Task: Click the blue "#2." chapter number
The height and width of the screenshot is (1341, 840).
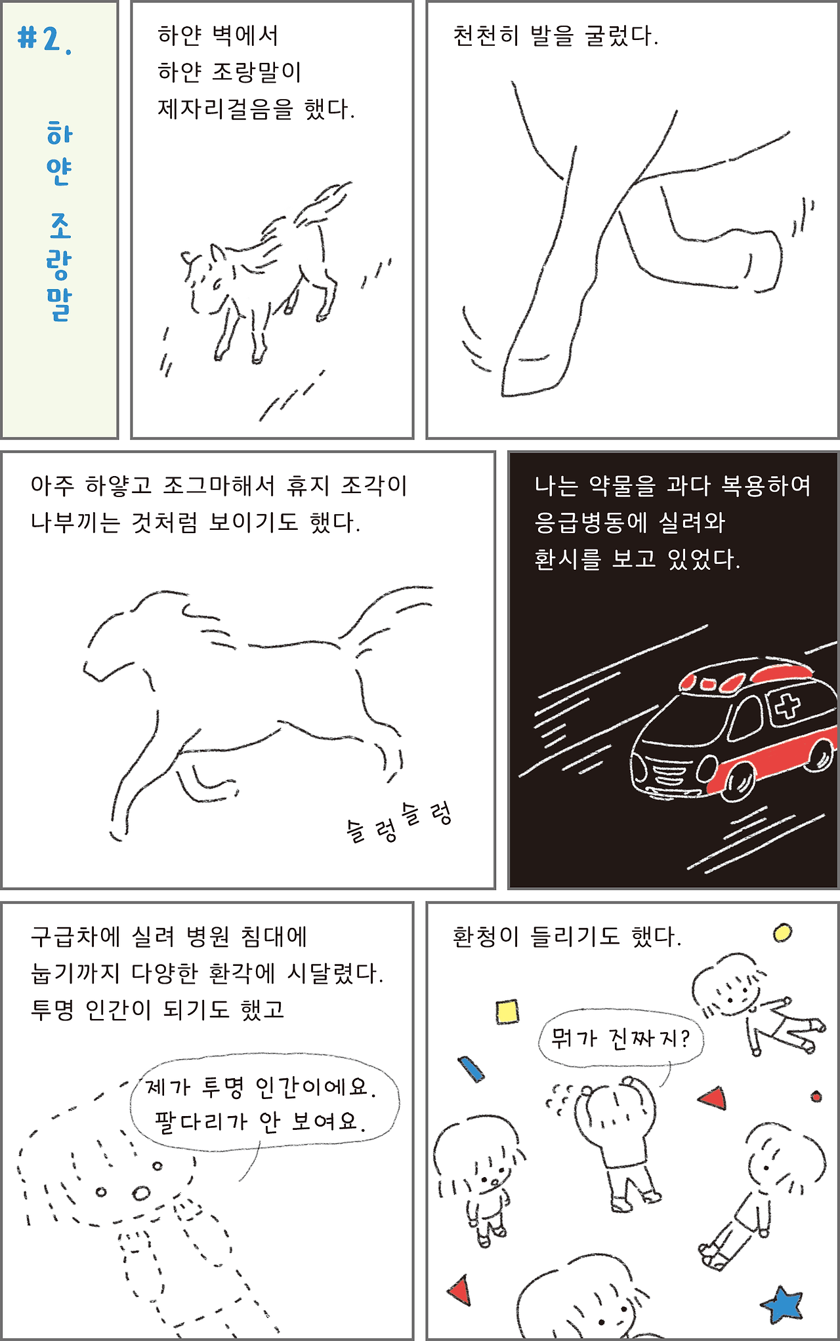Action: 45,40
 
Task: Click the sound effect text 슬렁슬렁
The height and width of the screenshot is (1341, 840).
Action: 399,822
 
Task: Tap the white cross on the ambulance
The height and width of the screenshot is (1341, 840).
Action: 787,706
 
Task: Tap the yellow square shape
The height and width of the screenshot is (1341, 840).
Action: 507,1011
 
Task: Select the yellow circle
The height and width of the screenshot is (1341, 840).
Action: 782,932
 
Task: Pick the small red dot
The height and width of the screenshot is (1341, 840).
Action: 816,1096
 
